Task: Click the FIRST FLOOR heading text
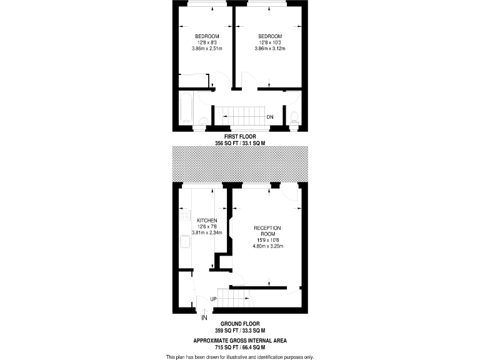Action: point(239,136)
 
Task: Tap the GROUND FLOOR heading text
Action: point(239,324)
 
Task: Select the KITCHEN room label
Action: point(207,221)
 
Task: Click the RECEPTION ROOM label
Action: point(267,230)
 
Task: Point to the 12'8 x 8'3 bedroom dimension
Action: point(206,42)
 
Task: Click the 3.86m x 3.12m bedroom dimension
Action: point(270,48)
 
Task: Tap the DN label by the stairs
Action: point(270,117)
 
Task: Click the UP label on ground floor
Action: point(213,299)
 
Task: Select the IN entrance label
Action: point(204,318)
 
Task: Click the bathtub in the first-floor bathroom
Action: point(186,109)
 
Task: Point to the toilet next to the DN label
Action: point(294,117)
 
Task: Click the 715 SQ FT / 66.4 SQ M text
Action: point(239,347)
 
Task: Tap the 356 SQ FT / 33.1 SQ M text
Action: point(239,143)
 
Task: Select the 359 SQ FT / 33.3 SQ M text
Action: point(239,331)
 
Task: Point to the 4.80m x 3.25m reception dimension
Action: point(267,246)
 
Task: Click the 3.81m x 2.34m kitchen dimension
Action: point(207,233)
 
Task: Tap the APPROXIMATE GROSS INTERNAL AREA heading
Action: point(239,341)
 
